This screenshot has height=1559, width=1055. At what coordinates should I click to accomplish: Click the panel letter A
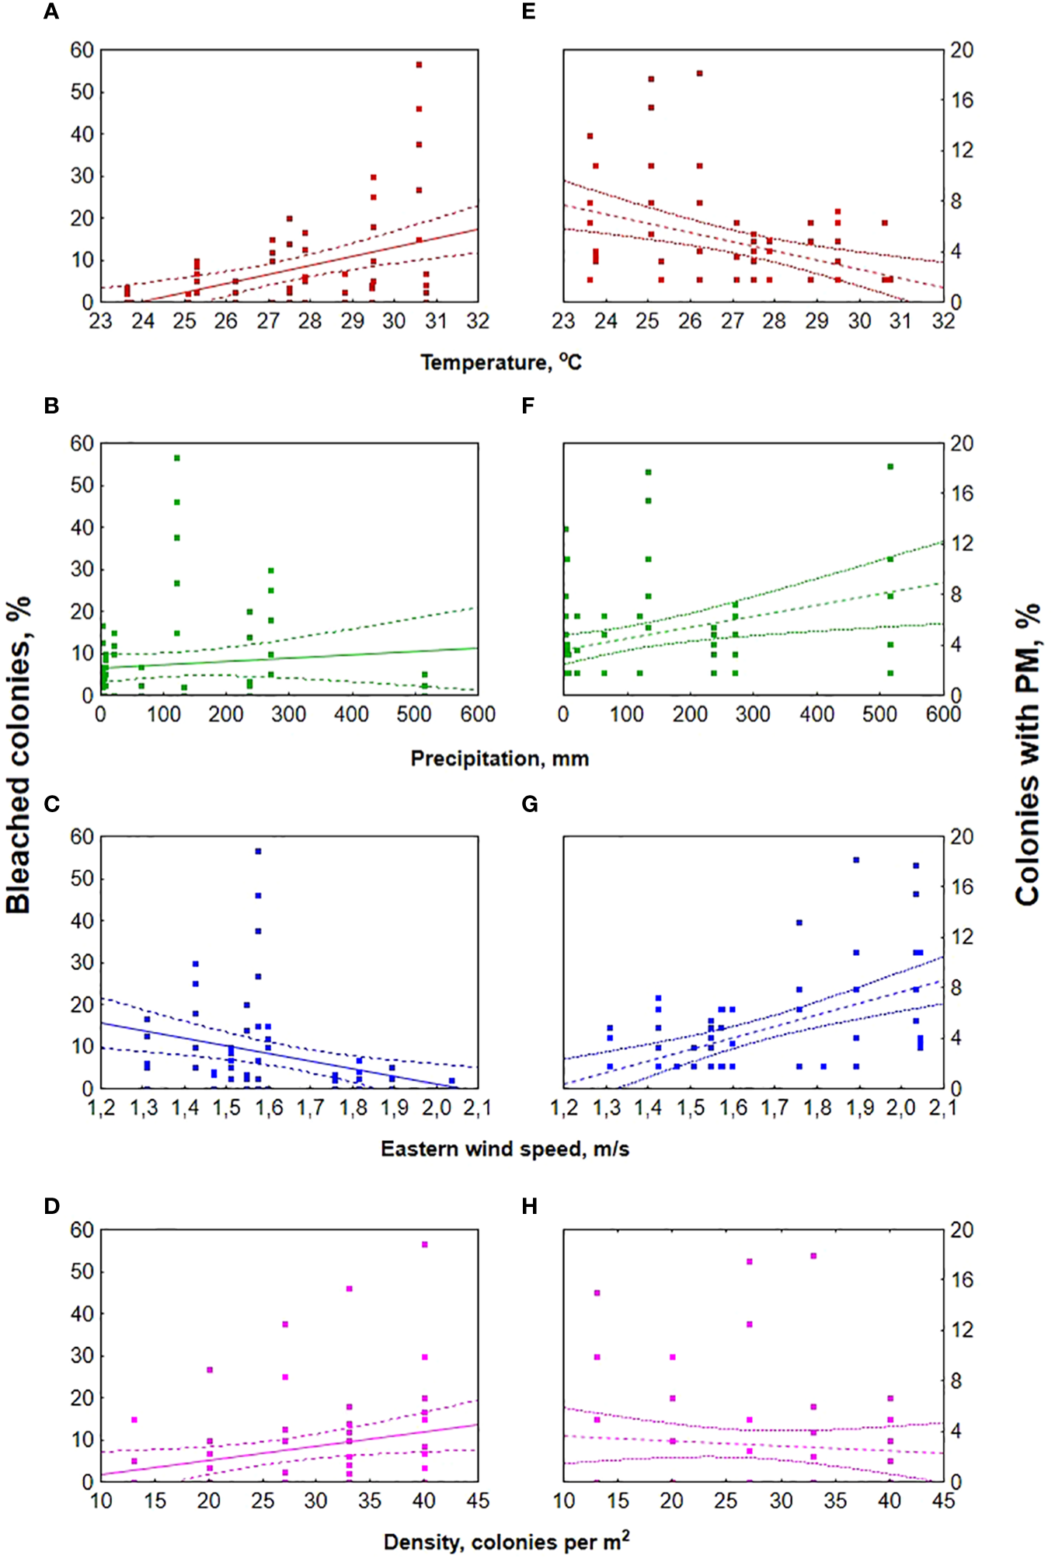(x=51, y=12)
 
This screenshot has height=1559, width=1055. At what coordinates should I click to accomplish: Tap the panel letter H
(x=530, y=1206)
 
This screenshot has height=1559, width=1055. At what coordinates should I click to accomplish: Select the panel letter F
(x=528, y=406)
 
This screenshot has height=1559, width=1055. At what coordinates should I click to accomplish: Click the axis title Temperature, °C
(x=501, y=362)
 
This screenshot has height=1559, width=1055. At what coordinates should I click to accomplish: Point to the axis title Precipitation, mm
(x=500, y=759)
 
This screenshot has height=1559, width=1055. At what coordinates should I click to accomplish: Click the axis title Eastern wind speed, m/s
(x=505, y=1149)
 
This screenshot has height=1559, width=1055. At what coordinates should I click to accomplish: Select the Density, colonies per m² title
(x=506, y=1541)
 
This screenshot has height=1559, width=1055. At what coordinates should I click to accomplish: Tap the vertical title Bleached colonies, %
(x=19, y=754)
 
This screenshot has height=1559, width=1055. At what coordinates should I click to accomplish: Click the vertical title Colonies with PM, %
(x=1028, y=754)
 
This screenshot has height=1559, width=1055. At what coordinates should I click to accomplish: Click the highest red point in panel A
(x=419, y=65)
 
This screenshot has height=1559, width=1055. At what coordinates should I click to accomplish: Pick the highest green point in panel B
(x=177, y=458)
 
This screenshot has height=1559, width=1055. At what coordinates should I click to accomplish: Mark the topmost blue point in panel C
(x=258, y=851)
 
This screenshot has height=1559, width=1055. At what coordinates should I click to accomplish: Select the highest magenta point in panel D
(x=425, y=1244)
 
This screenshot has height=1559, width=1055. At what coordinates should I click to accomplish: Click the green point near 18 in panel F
(x=890, y=466)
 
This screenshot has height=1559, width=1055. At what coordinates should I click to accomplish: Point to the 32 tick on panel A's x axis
(x=477, y=321)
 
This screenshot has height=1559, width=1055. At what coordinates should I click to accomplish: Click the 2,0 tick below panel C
(x=437, y=1107)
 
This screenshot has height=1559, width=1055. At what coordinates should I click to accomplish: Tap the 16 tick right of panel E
(x=962, y=100)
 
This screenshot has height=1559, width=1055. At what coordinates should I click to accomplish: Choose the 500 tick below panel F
(x=879, y=714)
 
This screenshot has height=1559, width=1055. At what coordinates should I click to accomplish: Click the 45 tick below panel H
(x=943, y=1501)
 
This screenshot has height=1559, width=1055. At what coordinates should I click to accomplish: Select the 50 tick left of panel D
(x=82, y=1271)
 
